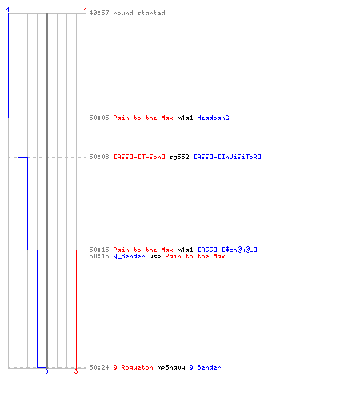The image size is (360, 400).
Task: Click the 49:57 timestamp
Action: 99,13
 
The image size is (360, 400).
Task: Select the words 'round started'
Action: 139,13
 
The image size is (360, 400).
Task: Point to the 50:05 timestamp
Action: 99,118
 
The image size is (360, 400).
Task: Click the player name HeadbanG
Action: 213,118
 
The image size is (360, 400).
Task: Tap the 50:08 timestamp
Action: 99,157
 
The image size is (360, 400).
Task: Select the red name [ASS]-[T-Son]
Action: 139,157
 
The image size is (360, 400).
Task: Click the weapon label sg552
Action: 179,157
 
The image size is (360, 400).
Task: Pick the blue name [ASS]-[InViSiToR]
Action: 227,157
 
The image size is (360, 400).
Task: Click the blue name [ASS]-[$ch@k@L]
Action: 227,250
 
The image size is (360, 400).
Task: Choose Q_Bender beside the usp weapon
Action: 129,256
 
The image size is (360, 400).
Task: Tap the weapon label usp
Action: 155,257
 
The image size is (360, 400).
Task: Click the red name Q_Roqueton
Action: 133,367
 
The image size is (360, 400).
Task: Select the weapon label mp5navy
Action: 171,368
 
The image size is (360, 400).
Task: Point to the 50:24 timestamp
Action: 99,367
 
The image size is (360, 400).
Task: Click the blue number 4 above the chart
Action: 8,10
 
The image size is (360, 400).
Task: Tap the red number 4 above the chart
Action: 86,10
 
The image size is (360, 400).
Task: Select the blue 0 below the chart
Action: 46,371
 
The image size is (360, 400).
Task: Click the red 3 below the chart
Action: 76,371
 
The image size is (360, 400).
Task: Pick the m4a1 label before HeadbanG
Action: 185,118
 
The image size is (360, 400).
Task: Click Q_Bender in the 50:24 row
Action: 205,367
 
